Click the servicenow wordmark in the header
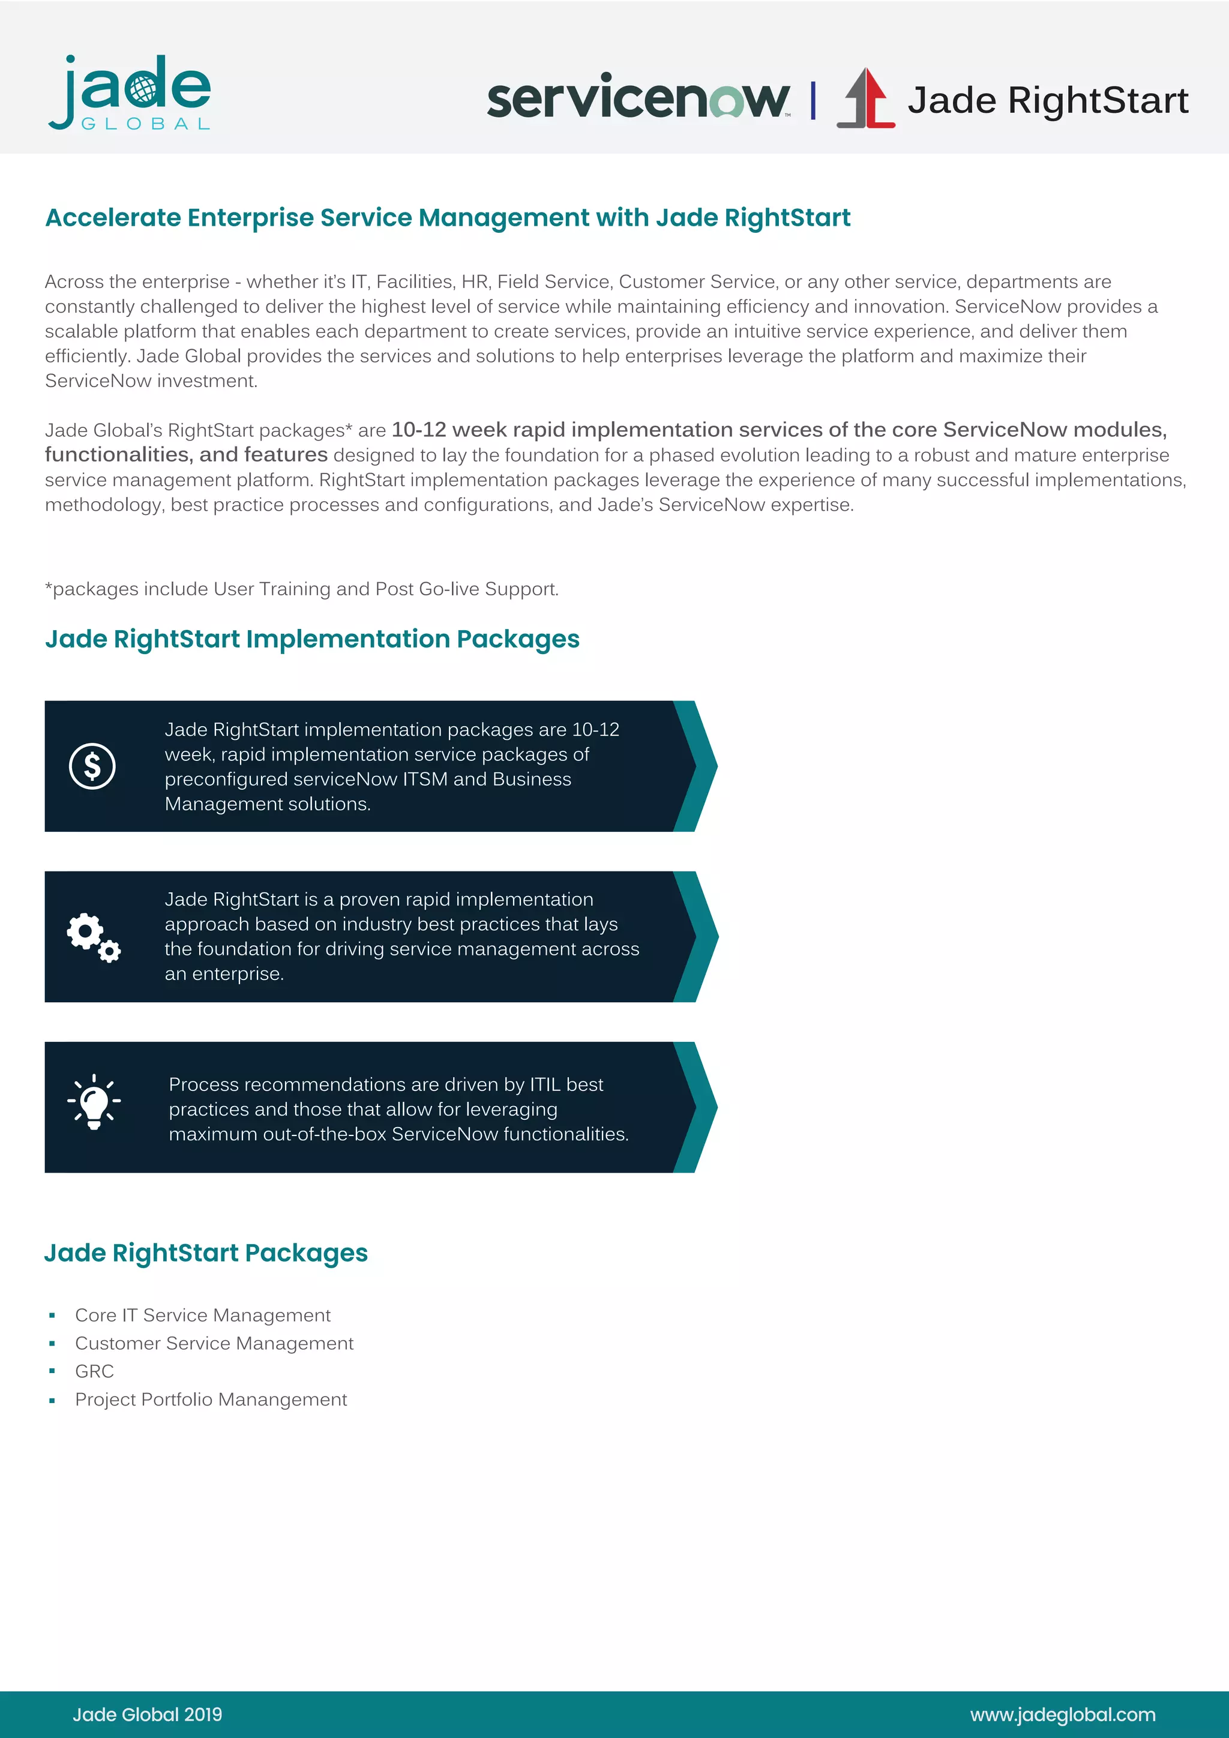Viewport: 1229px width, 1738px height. coord(637,97)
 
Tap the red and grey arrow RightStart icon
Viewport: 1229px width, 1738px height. coord(866,98)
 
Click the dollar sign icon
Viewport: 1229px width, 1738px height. coord(92,766)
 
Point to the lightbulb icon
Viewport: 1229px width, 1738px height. coord(94,1102)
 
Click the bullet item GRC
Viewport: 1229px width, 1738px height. coord(95,1371)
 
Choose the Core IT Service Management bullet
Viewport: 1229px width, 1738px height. coord(203,1315)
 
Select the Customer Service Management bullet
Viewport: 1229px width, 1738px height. coord(214,1343)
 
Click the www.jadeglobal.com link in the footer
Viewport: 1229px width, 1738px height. coord(1063,1715)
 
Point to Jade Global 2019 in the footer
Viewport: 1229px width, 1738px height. coord(148,1715)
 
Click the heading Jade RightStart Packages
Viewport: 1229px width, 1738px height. coord(206,1252)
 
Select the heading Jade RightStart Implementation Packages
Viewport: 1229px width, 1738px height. coord(312,639)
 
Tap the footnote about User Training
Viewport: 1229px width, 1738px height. coord(302,589)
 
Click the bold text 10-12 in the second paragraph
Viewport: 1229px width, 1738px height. coord(418,429)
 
